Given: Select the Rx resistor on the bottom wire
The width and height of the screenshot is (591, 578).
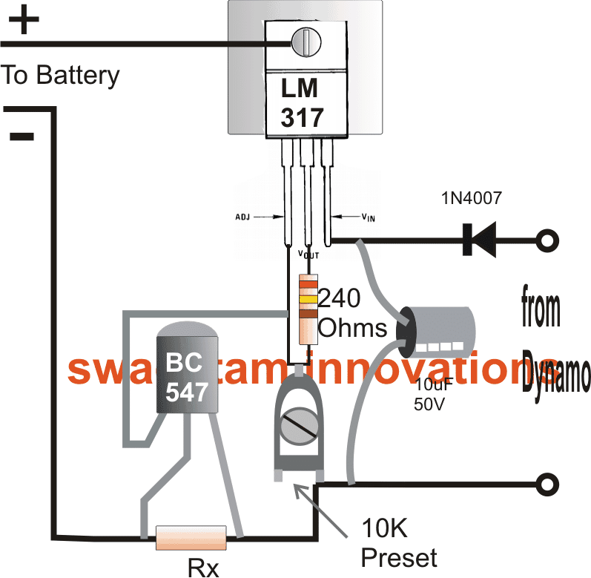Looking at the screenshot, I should click(192, 536).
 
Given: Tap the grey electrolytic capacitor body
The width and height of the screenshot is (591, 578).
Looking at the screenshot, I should click(438, 332).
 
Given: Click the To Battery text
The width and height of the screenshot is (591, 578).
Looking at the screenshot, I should click(60, 75).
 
